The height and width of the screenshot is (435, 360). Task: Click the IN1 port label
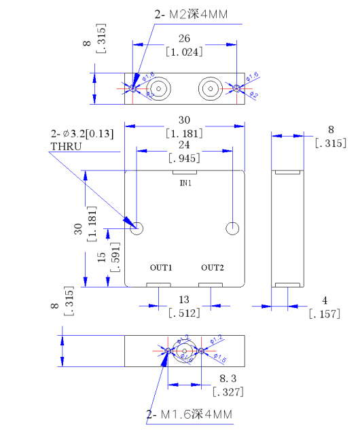[x=185, y=184]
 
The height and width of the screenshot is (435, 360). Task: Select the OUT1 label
[x=161, y=267]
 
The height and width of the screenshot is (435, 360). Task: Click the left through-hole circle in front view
[x=137, y=228]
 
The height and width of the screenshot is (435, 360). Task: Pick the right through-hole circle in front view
[x=232, y=228]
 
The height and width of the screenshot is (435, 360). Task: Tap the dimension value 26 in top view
[x=184, y=38]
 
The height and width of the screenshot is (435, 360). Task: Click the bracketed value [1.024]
[x=184, y=51]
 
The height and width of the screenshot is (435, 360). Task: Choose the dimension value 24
[x=184, y=145]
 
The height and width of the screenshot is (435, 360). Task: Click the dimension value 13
[x=184, y=300]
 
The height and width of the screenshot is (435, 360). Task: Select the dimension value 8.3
[x=228, y=379]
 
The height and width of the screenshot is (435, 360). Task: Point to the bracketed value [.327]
[x=228, y=391]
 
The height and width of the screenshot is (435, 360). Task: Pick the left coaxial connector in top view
[x=160, y=88]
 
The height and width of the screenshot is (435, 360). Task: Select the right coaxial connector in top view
[x=209, y=88]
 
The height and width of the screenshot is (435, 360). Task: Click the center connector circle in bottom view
[x=185, y=351]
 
